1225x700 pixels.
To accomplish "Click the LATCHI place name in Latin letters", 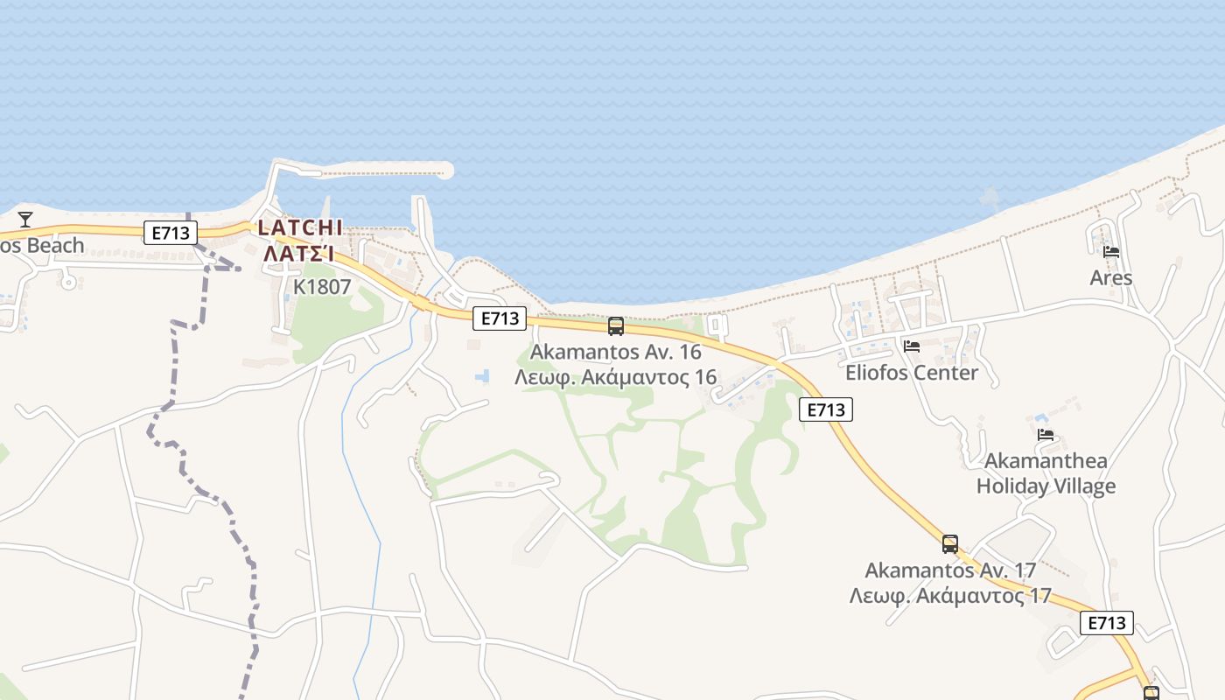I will click(x=300, y=227).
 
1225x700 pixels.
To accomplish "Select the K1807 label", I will click(x=322, y=287).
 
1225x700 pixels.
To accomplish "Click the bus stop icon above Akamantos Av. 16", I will click(x=616, y=326).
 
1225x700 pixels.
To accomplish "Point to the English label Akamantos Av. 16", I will click(x=616, y=353).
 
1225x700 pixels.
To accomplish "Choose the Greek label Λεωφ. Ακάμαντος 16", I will click(x=616, y=377).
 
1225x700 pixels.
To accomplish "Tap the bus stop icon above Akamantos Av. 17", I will click(x=950, y=544).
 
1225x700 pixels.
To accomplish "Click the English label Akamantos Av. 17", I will click(x=950, y=570).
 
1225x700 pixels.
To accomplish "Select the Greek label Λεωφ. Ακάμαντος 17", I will click(x=950, y=596).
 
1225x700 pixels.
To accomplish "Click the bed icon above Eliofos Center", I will click(x=912, y=346).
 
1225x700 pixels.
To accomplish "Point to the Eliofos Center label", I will click(x=912, y=373).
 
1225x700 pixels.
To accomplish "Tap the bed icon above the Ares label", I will click(x=1111, y=252).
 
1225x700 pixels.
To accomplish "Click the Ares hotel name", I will click(x=1111, y=278).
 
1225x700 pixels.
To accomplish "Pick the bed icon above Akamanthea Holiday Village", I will click(x=1046, y=435).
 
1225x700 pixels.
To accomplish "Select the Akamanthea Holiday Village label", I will click(x=1046, y=473).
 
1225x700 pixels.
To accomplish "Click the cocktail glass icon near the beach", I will click(x=25, y=219).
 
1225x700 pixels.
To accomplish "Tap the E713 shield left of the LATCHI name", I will click(x=171, y=233).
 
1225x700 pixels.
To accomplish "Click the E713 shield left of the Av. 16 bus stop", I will click(x=500, y=318).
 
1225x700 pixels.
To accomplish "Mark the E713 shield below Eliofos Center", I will click(x=826, y=409).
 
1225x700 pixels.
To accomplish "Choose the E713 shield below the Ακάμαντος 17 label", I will click(x=1107, y=623).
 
